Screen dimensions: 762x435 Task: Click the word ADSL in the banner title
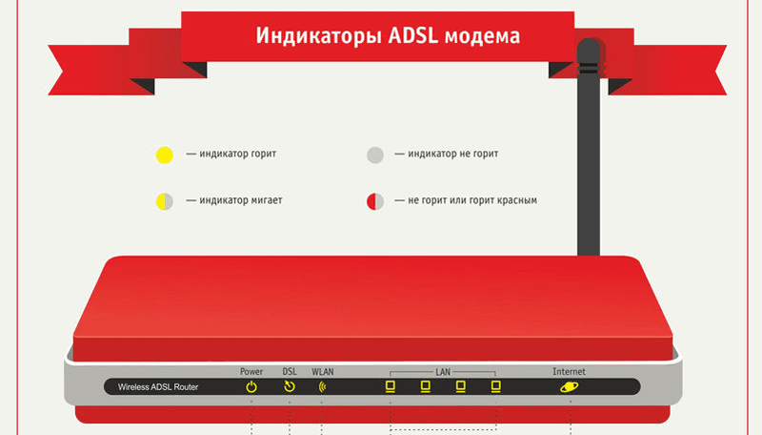[x=413, y=35]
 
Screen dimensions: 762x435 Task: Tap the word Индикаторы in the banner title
[x=318, y=36]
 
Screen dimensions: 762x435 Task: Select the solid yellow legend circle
[x=164, y=155]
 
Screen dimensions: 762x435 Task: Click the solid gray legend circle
[x=375, y=155]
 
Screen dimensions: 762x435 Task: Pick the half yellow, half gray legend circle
[x=164, y=201]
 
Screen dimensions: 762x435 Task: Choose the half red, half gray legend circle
[x=375, y=201]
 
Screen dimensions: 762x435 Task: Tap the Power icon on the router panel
[x=251, y=387]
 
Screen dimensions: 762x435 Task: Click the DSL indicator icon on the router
[x=290, y=386]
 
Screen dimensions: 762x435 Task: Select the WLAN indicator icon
[x=322, y=387]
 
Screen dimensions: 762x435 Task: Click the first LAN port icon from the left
[x=391, y=386]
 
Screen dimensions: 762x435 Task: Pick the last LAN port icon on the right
[x=495, y=386]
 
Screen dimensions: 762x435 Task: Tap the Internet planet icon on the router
[x=569, y=387]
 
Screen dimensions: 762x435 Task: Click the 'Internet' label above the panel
[x=569, y=372]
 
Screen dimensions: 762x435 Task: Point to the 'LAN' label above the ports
[x=443, y=372]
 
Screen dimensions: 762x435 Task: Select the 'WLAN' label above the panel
[x=323, y=372]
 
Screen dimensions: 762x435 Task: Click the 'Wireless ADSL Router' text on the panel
[x=158, y=387]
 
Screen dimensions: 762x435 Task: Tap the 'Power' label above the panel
[x=251, y=372]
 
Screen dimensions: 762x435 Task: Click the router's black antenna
[x=589, y=146]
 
